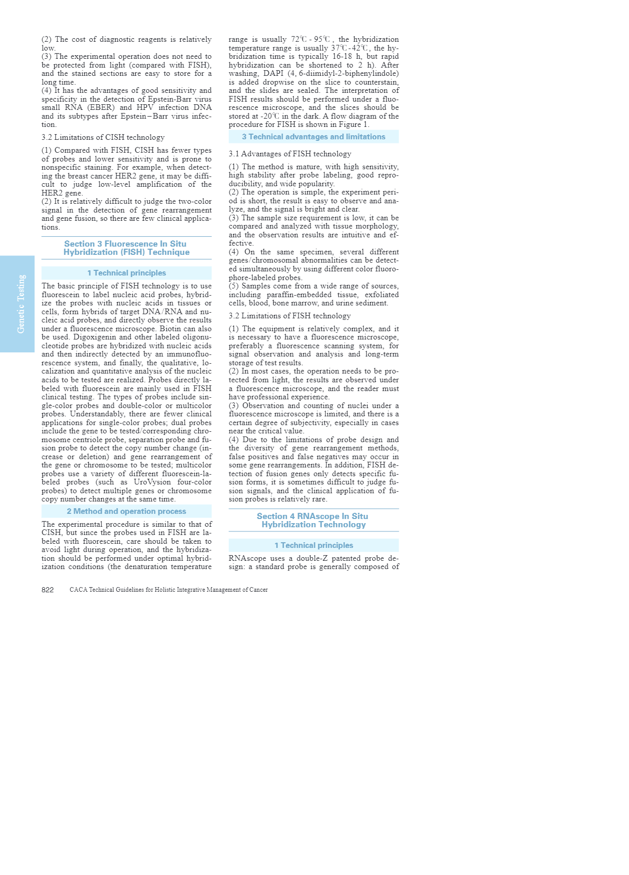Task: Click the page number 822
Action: [48, 590]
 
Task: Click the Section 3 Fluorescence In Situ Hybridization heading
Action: [126, 248]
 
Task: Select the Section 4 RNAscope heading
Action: [313, 520]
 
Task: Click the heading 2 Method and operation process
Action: [126, 511]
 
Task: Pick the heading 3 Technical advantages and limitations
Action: [313, 137]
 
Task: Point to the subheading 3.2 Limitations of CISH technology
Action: [103, 137]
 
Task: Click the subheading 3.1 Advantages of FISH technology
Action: [290, 154]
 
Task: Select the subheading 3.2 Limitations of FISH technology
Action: [289, 316]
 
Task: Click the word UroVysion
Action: [152, 482]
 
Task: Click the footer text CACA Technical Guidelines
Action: [168, 590]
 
